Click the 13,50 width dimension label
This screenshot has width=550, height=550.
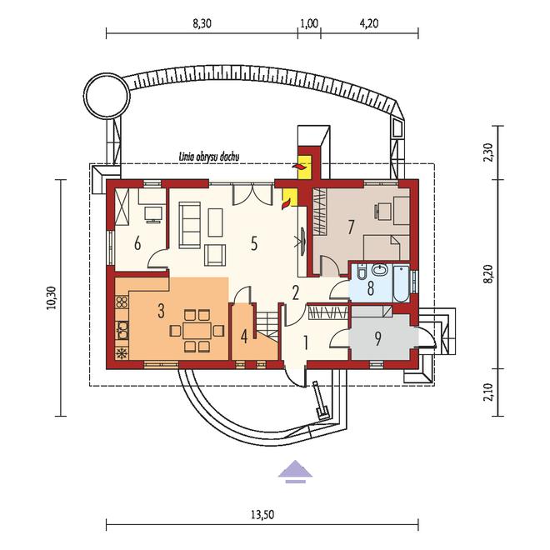[x=262, y=514]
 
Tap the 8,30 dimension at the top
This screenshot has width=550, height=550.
[x=202, y=23]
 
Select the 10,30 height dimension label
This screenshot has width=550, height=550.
[x=51, y=297]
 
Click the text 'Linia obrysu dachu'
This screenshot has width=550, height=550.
[x=209, y=157]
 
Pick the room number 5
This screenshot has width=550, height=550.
[x=254, y=243]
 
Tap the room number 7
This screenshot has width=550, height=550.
[x=350, y=227]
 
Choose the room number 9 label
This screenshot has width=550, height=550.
[x=377, y=339]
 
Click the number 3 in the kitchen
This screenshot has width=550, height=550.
[x=161, y=311]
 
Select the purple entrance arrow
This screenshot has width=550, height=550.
[x=295, y=471]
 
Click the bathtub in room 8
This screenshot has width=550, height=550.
[x=401, y=283]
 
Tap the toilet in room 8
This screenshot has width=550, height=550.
[x=360, y=272]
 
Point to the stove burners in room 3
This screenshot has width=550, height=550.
[x=122, y=302]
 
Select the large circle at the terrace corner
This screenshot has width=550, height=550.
[x=107, y=95]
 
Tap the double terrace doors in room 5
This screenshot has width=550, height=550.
[x=252, y=193]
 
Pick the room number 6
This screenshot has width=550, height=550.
[x=137, y=243]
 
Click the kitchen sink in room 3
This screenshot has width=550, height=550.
[x=122, y=331]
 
